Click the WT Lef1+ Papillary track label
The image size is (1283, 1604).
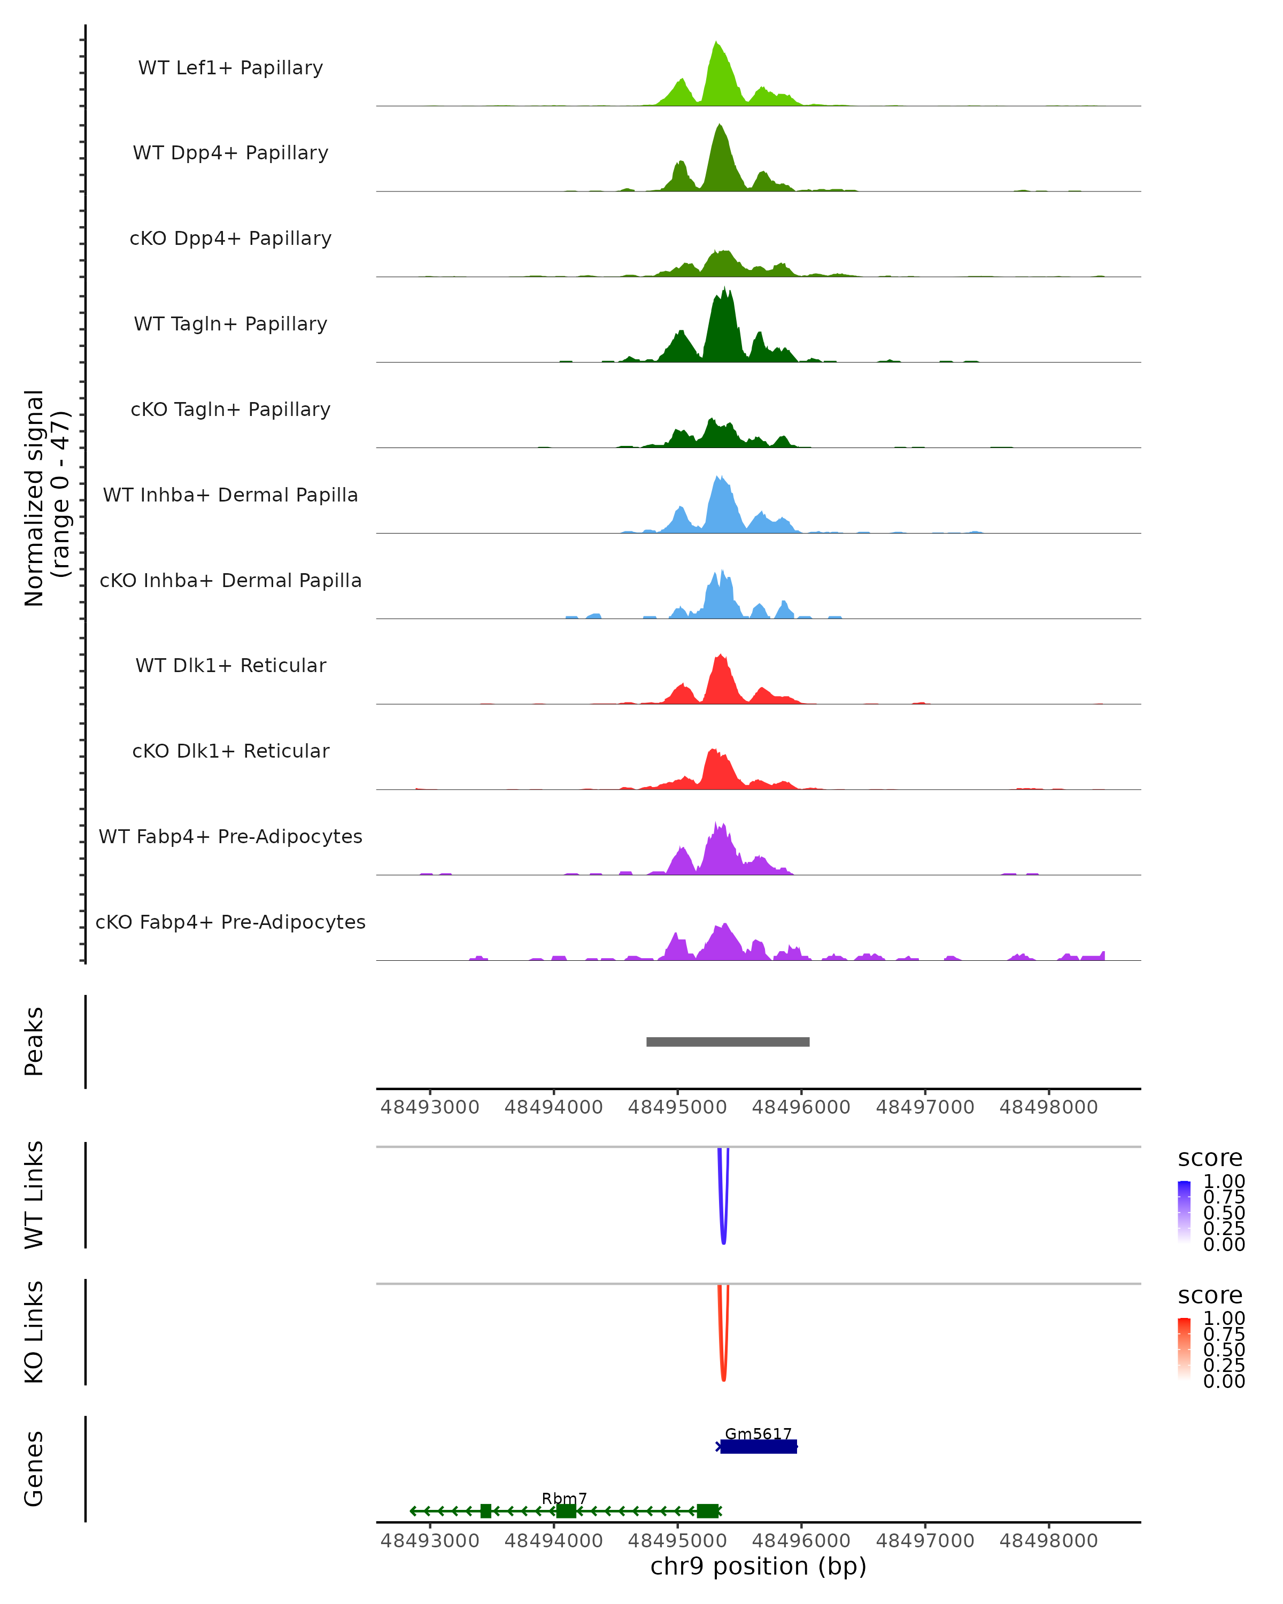[x=230, y=68]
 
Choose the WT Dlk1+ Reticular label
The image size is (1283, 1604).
[x=230, y=665]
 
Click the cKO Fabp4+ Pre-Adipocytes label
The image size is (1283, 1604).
[x=230, y=922]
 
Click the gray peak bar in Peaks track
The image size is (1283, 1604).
[x=728, y=1042]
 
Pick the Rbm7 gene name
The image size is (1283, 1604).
[x=564, y=1498]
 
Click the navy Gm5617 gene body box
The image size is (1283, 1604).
[x=759, y=1446]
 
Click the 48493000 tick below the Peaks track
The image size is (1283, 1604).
[x=430, y=1107]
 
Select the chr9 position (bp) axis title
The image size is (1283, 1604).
[x=758, y=1566]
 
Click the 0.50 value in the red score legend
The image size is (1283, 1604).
[x=1224, y=1349]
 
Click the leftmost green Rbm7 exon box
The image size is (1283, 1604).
[x=486, y=1511]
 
